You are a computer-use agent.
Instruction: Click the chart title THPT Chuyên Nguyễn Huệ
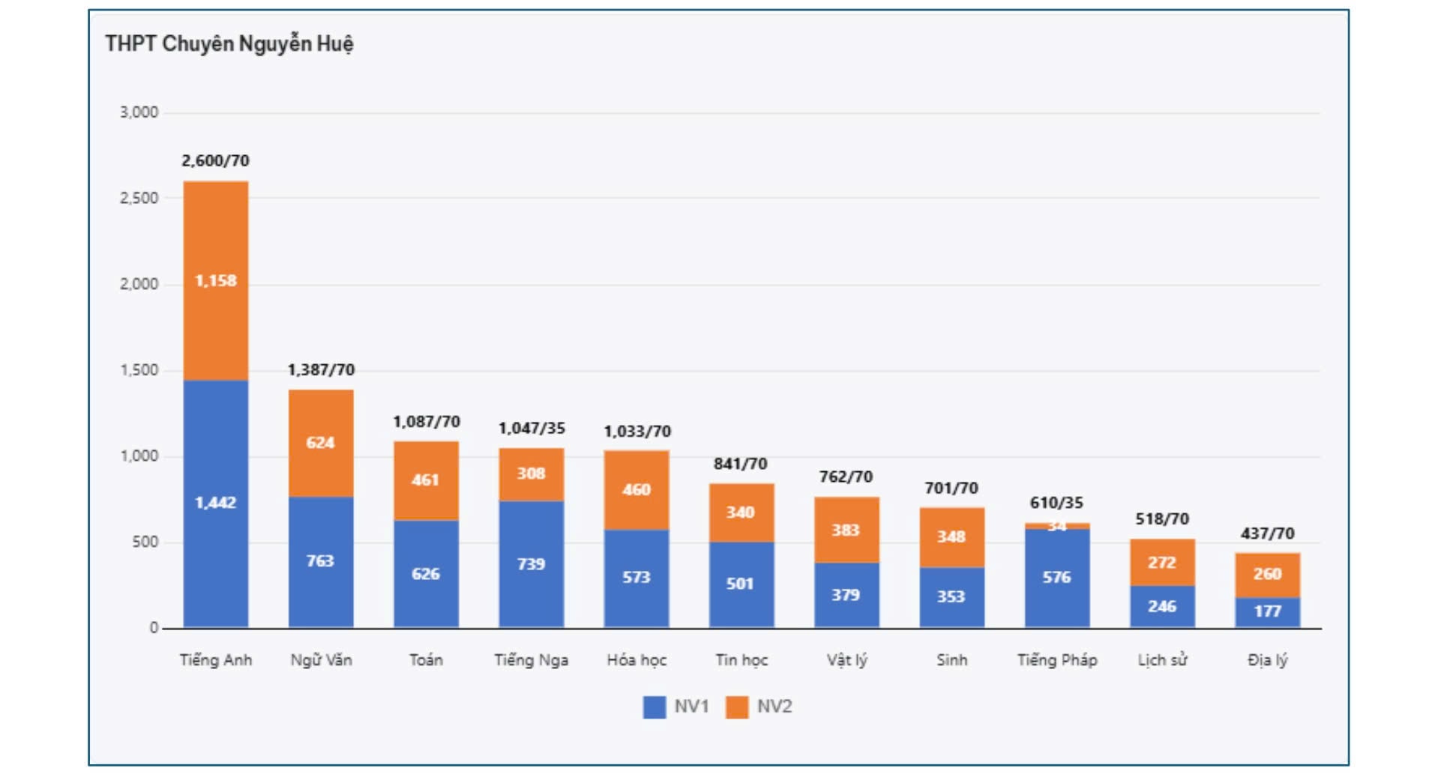[229, 43]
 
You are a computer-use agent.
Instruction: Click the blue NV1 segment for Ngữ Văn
[321, 562]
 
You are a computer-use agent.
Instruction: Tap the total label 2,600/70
[215, 160]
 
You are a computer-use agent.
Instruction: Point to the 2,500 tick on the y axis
[139, 198]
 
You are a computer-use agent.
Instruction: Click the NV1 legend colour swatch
[654, 707]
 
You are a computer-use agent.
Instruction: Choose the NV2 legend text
[774, 707]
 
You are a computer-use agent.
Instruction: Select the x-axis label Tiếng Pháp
[1057, 660]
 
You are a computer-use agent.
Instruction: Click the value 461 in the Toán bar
[425, 480]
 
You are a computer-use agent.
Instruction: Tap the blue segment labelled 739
[531, 564]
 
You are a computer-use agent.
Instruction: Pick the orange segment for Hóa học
[637, 490]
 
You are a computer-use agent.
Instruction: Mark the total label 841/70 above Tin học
[741, 464]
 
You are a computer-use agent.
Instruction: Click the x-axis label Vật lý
[846, 660]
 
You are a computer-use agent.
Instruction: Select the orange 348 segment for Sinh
[951, 536]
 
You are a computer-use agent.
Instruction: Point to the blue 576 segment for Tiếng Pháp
[1057, 578]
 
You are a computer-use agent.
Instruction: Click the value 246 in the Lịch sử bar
[1162, 606]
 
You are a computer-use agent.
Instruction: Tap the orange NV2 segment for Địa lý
[1268, 574]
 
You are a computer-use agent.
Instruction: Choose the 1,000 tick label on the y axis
[139, 456]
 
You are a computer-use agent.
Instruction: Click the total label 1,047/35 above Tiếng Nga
[532, 428]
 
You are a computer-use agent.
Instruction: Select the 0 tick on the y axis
[154, 628]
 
